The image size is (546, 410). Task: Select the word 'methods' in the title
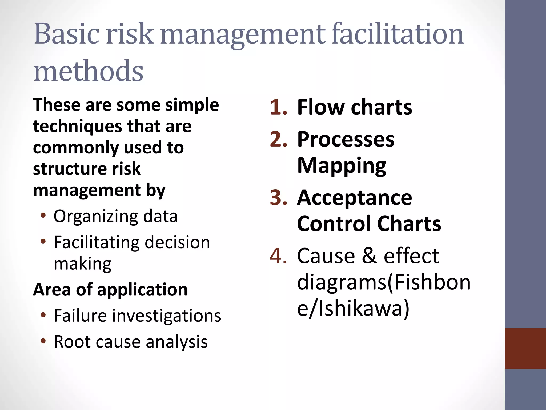[89, 71]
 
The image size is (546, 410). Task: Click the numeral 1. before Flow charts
[278, 107]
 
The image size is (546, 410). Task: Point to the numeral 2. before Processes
[278, 139]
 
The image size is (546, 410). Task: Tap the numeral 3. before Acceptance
[278, 198]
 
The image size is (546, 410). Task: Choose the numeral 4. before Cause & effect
[278, 256]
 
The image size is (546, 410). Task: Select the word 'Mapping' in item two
[342, 166]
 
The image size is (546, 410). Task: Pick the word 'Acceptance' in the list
[355, 198]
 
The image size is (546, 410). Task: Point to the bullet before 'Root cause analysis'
[43, 341]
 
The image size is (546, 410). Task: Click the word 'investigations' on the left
[167, 316]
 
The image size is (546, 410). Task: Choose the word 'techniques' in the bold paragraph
[78, 127]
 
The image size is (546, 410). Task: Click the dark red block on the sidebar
[525, 348]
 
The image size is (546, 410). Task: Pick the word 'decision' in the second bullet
[177, 242]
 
